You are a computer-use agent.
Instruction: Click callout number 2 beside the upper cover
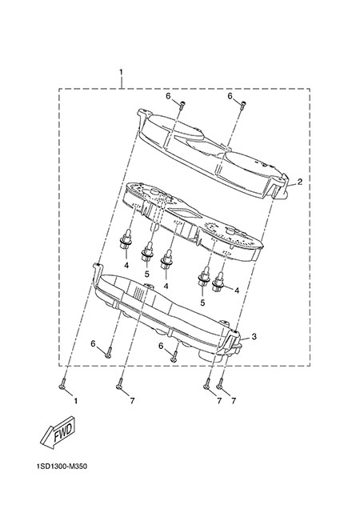point(300,182)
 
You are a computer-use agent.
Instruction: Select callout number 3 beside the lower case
point(254,337)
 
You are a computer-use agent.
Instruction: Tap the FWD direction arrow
point(58,433)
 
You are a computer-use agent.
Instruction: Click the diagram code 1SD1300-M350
point(62,467)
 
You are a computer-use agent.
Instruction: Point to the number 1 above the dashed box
point(121,71)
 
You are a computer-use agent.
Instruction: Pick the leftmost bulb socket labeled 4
point(126,241)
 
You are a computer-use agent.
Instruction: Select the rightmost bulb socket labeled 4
point(218,282)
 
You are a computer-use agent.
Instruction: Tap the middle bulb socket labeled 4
point(167,259)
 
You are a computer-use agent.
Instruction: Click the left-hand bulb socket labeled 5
point(147,251)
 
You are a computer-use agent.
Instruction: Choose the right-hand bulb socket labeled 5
point(204,277)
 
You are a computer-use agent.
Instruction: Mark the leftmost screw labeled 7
point(119,383)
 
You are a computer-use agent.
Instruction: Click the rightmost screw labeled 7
point(220,383)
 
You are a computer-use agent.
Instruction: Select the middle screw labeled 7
point(206,383)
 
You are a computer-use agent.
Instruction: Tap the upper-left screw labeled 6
point(182,106)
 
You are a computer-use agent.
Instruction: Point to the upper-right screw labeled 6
point(243,106)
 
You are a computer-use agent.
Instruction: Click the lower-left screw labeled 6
point(109,353)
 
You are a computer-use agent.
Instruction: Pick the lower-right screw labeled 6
point(174,356)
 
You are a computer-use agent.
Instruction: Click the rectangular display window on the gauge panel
point(185,213)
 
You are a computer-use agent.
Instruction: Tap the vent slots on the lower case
point(139,294)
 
